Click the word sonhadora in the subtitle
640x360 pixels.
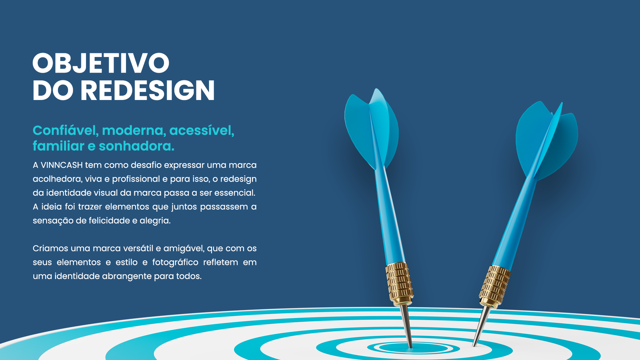pyautogui.click(x=136, y=146)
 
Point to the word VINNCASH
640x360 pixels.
pyautogui.click(x=62, y=165)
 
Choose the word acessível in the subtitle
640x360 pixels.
pyautogui.click(x=202, y=130)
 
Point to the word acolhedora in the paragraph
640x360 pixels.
pyautogui.click(x=58, y=179)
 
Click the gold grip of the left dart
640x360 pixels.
pyautogui.click(x=399, y=284)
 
